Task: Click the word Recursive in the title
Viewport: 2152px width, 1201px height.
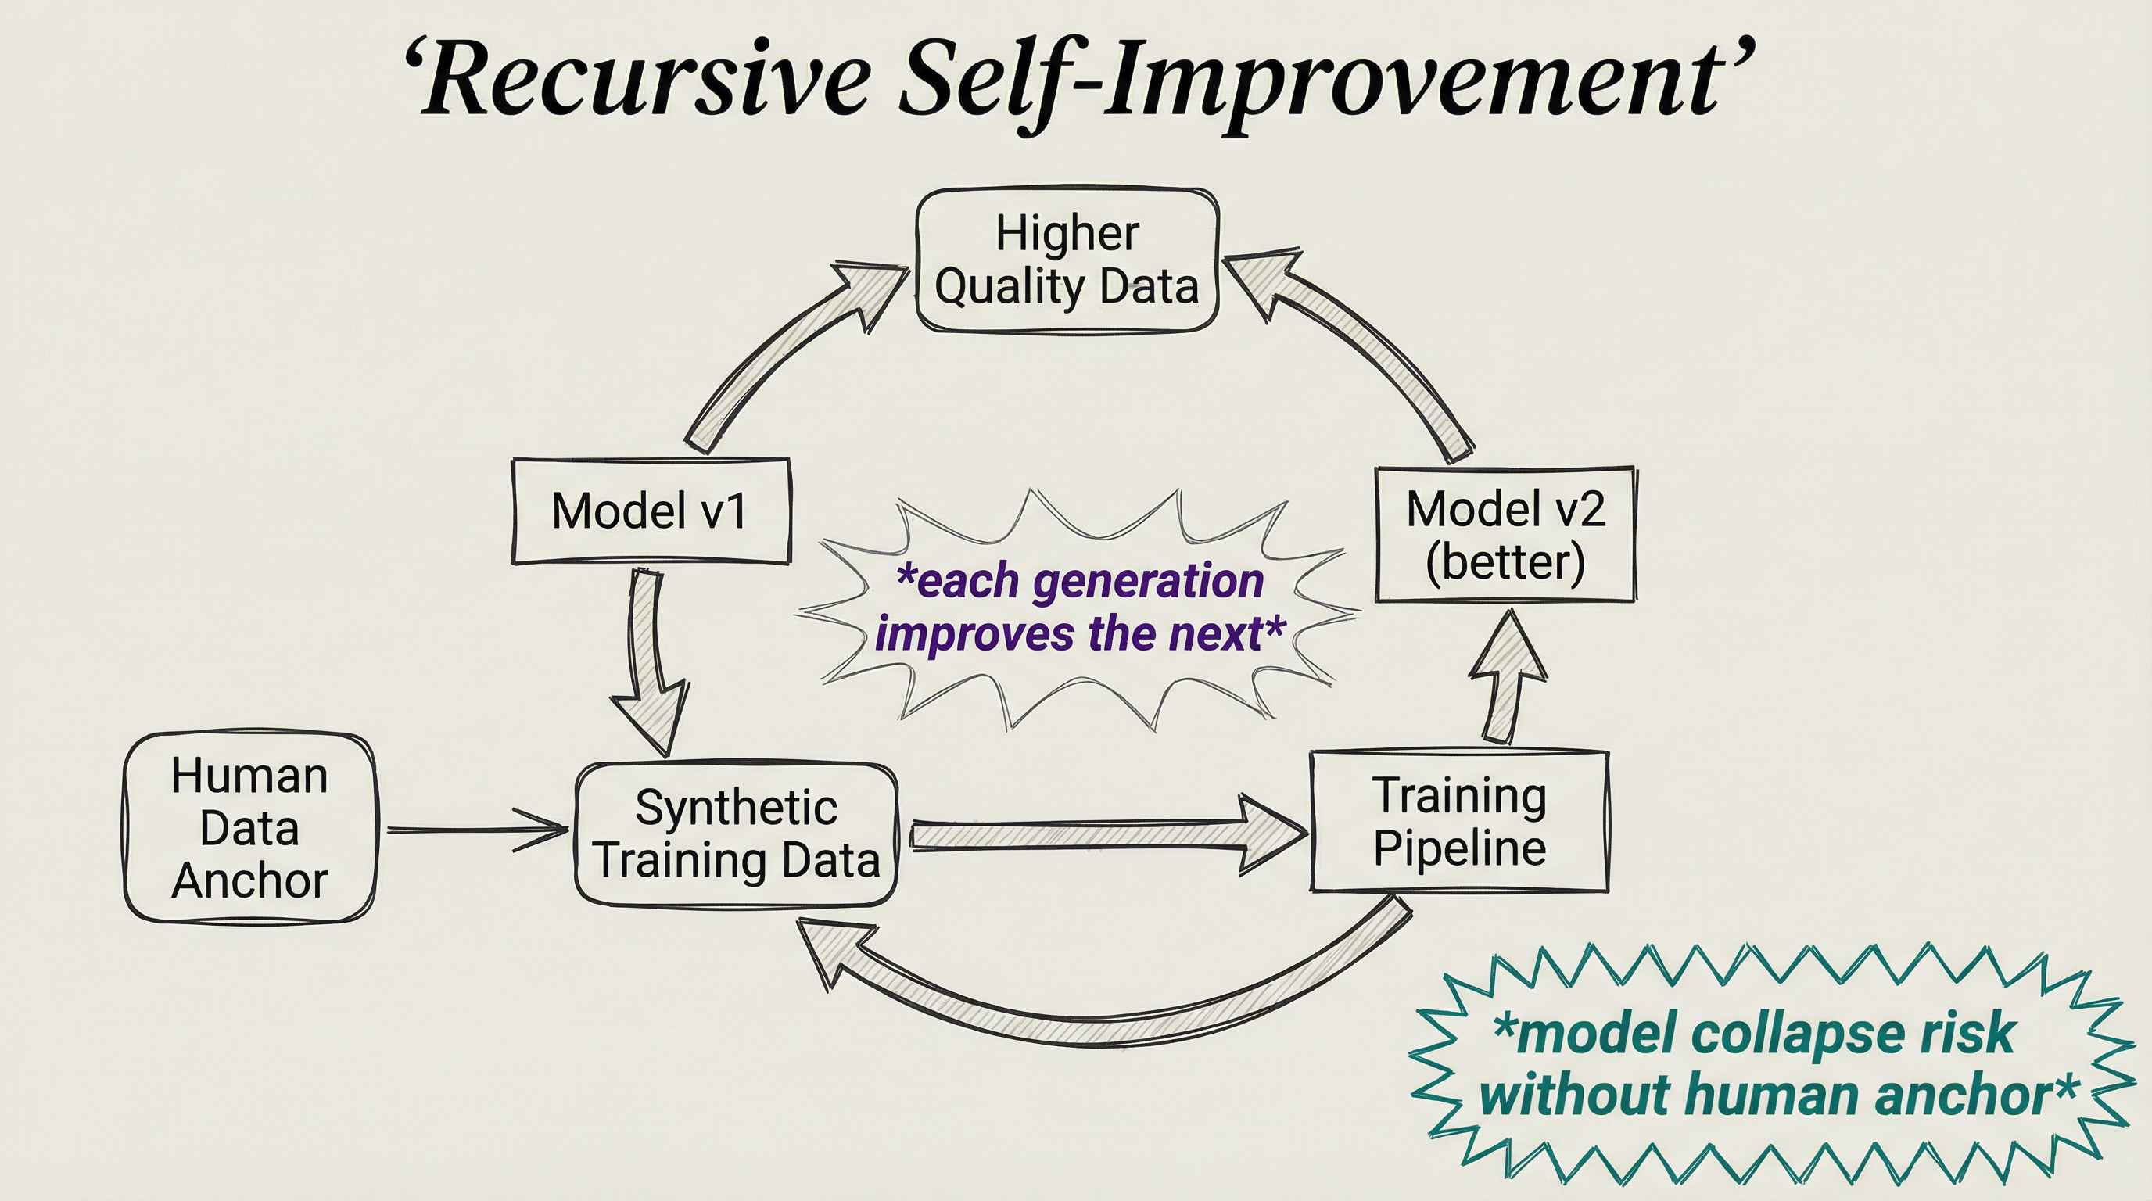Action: [x=644, y=79]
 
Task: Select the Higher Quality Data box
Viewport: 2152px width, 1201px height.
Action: [x=1067, y=260]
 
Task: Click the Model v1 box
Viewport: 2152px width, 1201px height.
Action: [x=650, y=511]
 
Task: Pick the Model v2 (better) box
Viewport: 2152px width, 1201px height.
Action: [x=1505, y=535]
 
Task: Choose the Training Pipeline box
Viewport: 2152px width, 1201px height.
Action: [x=1458, y=822]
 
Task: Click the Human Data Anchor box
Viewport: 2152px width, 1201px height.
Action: [x=249, y=828]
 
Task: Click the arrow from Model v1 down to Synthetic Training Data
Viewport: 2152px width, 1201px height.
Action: [x=650, y=660]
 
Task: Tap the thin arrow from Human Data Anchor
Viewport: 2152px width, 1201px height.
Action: [x=476, y=830]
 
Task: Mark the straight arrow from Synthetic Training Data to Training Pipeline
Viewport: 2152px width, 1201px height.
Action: [x=1103, y=835]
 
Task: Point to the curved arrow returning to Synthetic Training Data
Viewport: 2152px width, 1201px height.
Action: [x=1086, y=1019]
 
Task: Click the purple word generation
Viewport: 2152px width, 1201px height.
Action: [x=1148, y=580]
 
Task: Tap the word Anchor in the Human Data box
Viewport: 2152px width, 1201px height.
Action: [x=249, y=880]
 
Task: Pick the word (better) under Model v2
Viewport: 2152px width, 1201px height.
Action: [x=1505, y=561]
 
